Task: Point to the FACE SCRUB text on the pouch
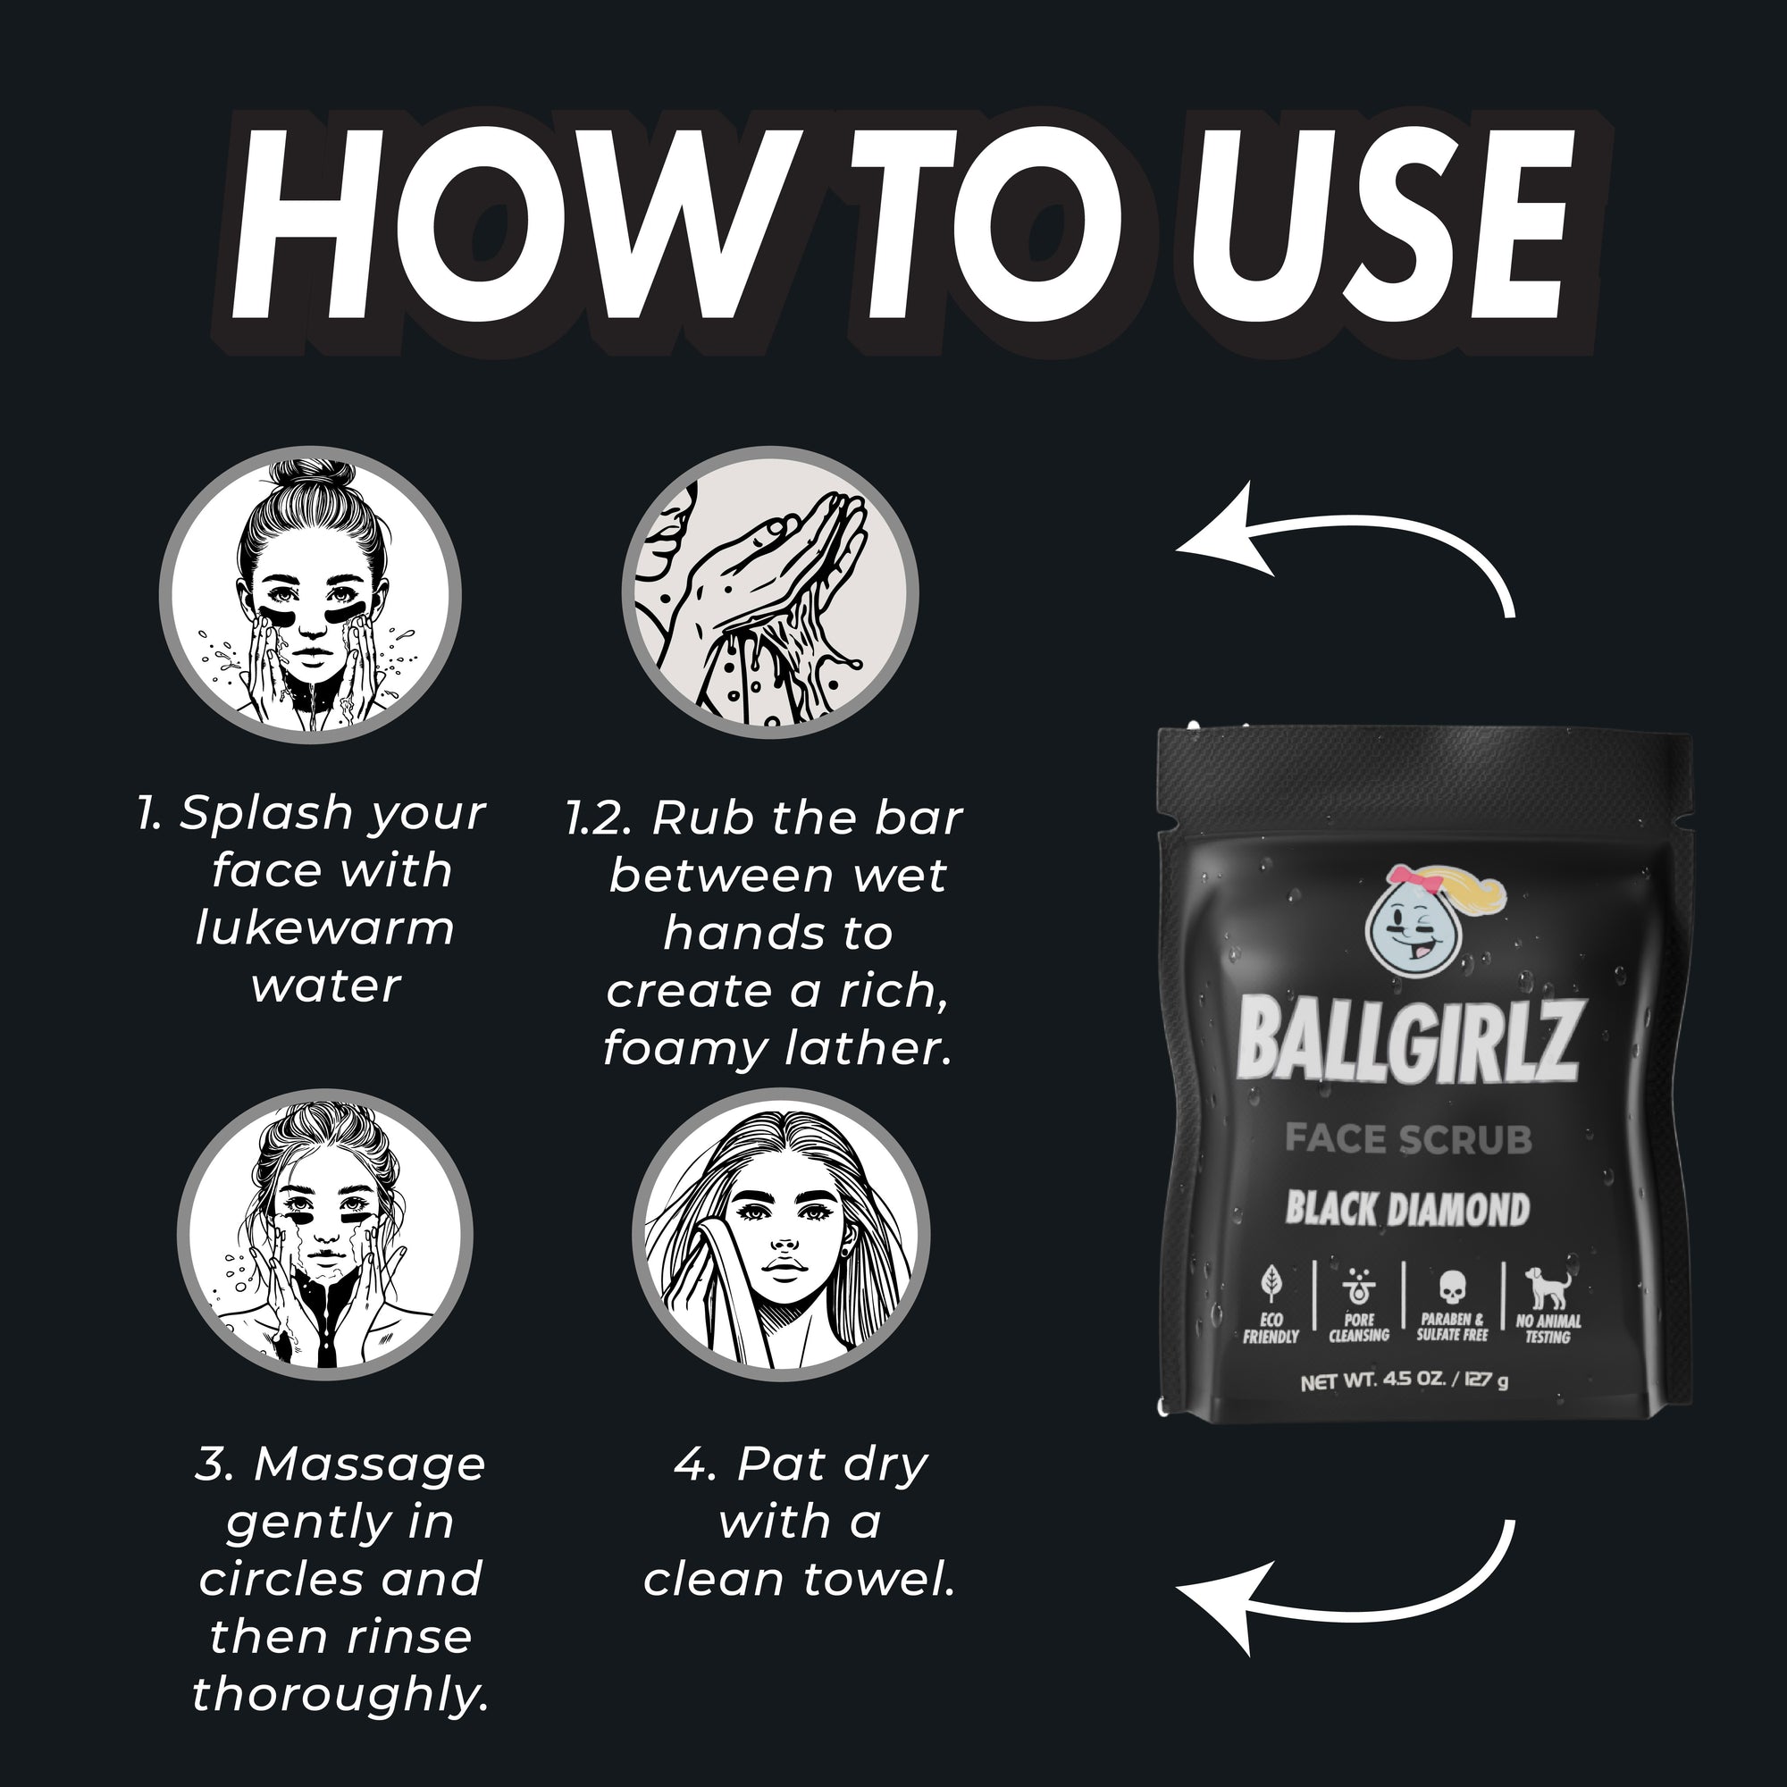click(x=1409, y=1139)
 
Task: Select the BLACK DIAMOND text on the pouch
click(x=1408, y=1209)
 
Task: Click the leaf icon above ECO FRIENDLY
click(x=1271, y=1284)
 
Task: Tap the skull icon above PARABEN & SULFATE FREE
click(x=1452, y=1287)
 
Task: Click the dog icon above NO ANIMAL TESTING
click(x=1547, y=1287)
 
